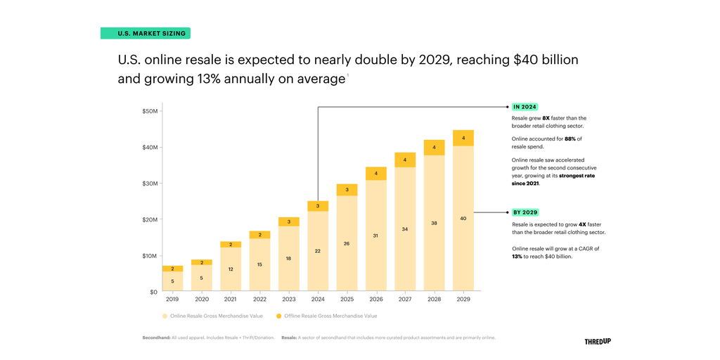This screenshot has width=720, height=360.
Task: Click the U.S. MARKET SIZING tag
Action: tap(146, 33)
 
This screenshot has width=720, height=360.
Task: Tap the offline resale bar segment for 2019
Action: tap(173, 269)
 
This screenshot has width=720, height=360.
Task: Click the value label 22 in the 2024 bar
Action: tap(318, 250)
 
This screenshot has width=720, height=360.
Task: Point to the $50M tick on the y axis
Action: tap(149, 111)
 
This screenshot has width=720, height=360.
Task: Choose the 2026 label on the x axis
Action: tap(375, 300)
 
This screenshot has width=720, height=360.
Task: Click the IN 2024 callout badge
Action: tap(525, 107)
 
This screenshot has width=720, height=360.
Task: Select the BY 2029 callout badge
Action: tap(525, 212)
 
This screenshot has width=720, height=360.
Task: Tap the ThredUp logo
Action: tap(598, 341)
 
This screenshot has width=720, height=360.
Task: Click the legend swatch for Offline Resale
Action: tap(279, 316)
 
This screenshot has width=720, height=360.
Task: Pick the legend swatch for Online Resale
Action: tap(165, 316)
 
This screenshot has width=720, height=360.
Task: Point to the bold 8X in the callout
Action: tap(546, 118)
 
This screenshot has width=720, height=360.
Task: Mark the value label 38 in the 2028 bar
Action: tap(434, 223)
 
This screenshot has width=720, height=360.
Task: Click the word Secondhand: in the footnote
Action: tap(156, 337)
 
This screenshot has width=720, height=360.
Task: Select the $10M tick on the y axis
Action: tap(149, 256)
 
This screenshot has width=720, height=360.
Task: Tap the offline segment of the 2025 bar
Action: tap(347, 190)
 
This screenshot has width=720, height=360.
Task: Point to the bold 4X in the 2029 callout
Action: tap(563, 224)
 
